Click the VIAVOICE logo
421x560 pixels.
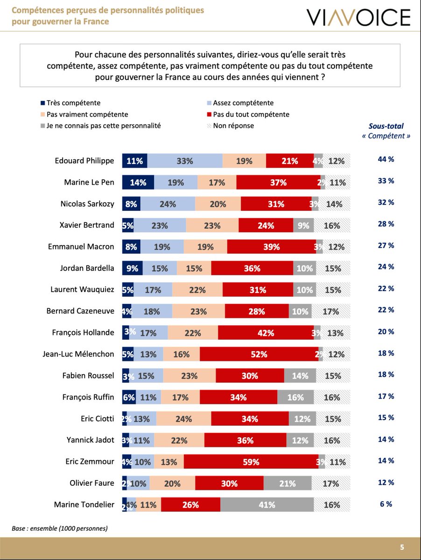[358, 18]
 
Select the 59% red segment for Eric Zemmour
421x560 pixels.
[251, 462]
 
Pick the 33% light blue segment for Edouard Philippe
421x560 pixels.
[185, 161]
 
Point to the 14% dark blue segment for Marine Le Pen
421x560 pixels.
[138, 182]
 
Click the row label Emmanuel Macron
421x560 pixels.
[81, 246]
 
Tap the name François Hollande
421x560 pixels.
[83, 333]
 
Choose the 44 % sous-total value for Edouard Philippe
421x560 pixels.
[386, 159]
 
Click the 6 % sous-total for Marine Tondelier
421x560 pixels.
[386, 504]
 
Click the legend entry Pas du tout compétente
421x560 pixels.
[251, 114]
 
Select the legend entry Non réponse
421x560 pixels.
[233, 126]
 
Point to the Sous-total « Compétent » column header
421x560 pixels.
[386, 131]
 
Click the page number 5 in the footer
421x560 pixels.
[402, 547]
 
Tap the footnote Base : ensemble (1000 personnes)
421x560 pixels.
[60, 528]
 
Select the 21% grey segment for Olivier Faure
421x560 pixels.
[287, 483]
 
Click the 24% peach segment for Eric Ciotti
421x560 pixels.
[183, 419]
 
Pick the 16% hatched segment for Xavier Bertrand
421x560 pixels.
[331, 225]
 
